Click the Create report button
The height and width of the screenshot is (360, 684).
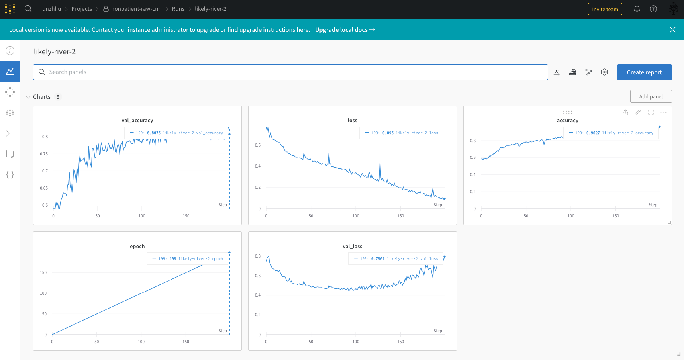coord(644,72)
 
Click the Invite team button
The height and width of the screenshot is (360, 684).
coord(605,9)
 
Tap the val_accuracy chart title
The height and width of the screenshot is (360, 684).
coord(137,121)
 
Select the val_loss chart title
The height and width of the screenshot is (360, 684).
coord(353,247)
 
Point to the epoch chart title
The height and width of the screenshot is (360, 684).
coord(137,247)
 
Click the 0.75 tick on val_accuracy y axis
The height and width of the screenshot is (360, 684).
coord(44,154)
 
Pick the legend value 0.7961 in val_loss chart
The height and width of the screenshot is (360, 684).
coord(378,259)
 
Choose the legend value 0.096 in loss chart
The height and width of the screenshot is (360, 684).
coord(388,133)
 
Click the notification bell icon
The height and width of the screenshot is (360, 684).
coord(637,9)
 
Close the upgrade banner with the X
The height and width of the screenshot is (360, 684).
coord(673,30)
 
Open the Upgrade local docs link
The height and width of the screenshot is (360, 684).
coord(345,30)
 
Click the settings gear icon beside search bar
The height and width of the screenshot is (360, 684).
coord(604,72)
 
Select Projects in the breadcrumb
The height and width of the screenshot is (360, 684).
coord(82,9)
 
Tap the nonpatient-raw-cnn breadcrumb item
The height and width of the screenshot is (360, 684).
coord(136,9)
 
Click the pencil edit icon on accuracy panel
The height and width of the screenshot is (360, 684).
coord(638,113)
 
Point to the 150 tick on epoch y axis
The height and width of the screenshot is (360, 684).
coord(43,273)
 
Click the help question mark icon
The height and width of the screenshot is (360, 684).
coord(653,9)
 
